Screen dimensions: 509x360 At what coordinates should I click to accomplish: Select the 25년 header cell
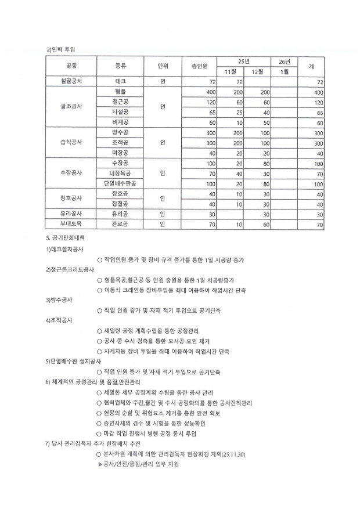pyautogui.click(x=244, y=61)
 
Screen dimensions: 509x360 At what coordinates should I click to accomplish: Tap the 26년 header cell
pyautogui.click(x=285, y=61)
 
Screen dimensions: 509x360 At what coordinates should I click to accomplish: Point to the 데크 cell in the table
pyautogui.click(x=121, y=82)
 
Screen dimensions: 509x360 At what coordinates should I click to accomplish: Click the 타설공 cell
pyautogui.click(x=121, y=112)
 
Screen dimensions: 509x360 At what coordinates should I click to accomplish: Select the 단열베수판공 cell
pyautogui.click(x=121, y=183)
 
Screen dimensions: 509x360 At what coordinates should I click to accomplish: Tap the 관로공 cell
pyautogui.click(x=121, y=223)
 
